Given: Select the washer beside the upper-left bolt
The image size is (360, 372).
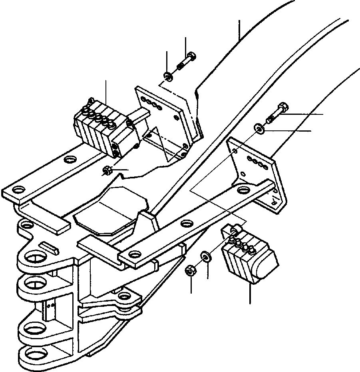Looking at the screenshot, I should [x=168, y=76].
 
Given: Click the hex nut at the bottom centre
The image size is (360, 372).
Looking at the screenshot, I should [x=190, y=272].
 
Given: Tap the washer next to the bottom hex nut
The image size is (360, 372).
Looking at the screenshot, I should [x=206, y=256].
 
